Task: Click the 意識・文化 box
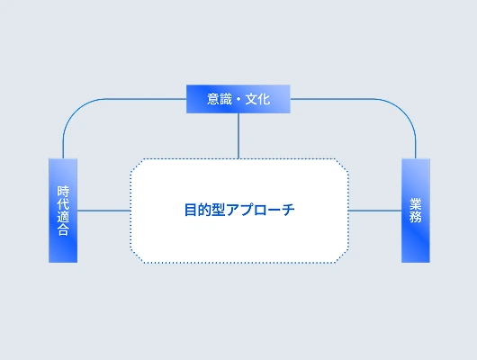[x=238, y=99]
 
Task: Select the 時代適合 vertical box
[x=63, y=211]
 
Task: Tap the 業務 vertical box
[x=416, y=211]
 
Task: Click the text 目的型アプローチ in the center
[x=239, y=210]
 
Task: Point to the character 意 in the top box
[x=213, y=99]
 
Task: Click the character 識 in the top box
[x=226, y=99]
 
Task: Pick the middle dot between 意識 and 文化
[x=238, y=100]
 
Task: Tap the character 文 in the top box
[x=251, y=99]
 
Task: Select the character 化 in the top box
[x=264, y=99]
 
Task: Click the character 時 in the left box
[x=63, y=192]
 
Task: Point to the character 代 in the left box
[x=63, y=204]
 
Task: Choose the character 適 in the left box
[x=63, y=217]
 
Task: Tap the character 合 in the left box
[x=63, y=229]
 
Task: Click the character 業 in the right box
[x=416, y=204]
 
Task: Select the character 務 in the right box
[x=416, y=217]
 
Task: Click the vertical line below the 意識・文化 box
[x=238, y=136]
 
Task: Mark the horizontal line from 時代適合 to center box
[x=104, y=211]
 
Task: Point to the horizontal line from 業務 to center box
[x=374, y=211]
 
